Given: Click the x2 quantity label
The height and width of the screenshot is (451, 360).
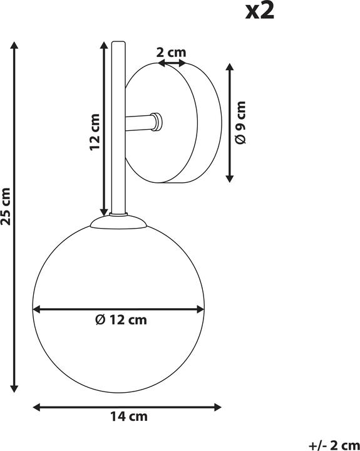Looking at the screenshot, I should tap(259, 11).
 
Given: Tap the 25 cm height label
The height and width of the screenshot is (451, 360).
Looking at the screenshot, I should tap(7, 206).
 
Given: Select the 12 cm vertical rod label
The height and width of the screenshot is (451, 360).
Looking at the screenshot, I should tap(95, 132).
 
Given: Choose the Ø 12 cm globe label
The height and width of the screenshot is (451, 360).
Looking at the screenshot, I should tap(121, 321).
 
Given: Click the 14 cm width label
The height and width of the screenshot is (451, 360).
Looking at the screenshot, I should tap(128, 416).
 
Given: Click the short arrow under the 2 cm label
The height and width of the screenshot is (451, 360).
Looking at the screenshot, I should tap(170, 63).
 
